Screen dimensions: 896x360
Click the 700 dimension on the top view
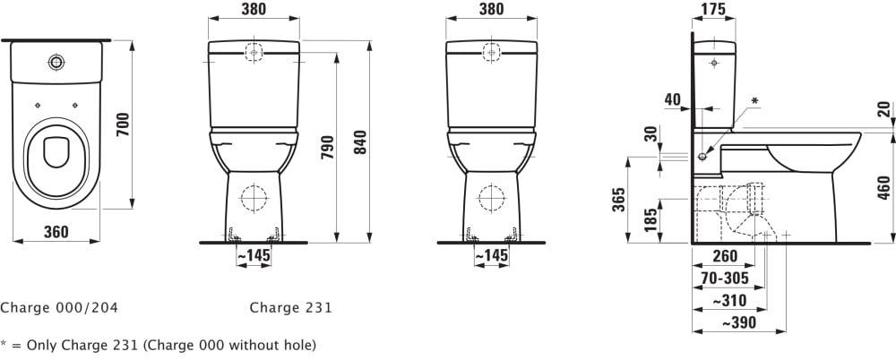(x=123, y=124)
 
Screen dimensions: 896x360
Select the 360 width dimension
(x=56, y=231)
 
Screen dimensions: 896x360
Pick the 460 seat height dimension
(x=884, y=189)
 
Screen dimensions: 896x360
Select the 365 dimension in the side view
(x=619, y=200)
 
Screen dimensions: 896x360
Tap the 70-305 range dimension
(x=725, y=279)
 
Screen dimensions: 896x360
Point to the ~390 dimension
(x=738, y=323)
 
